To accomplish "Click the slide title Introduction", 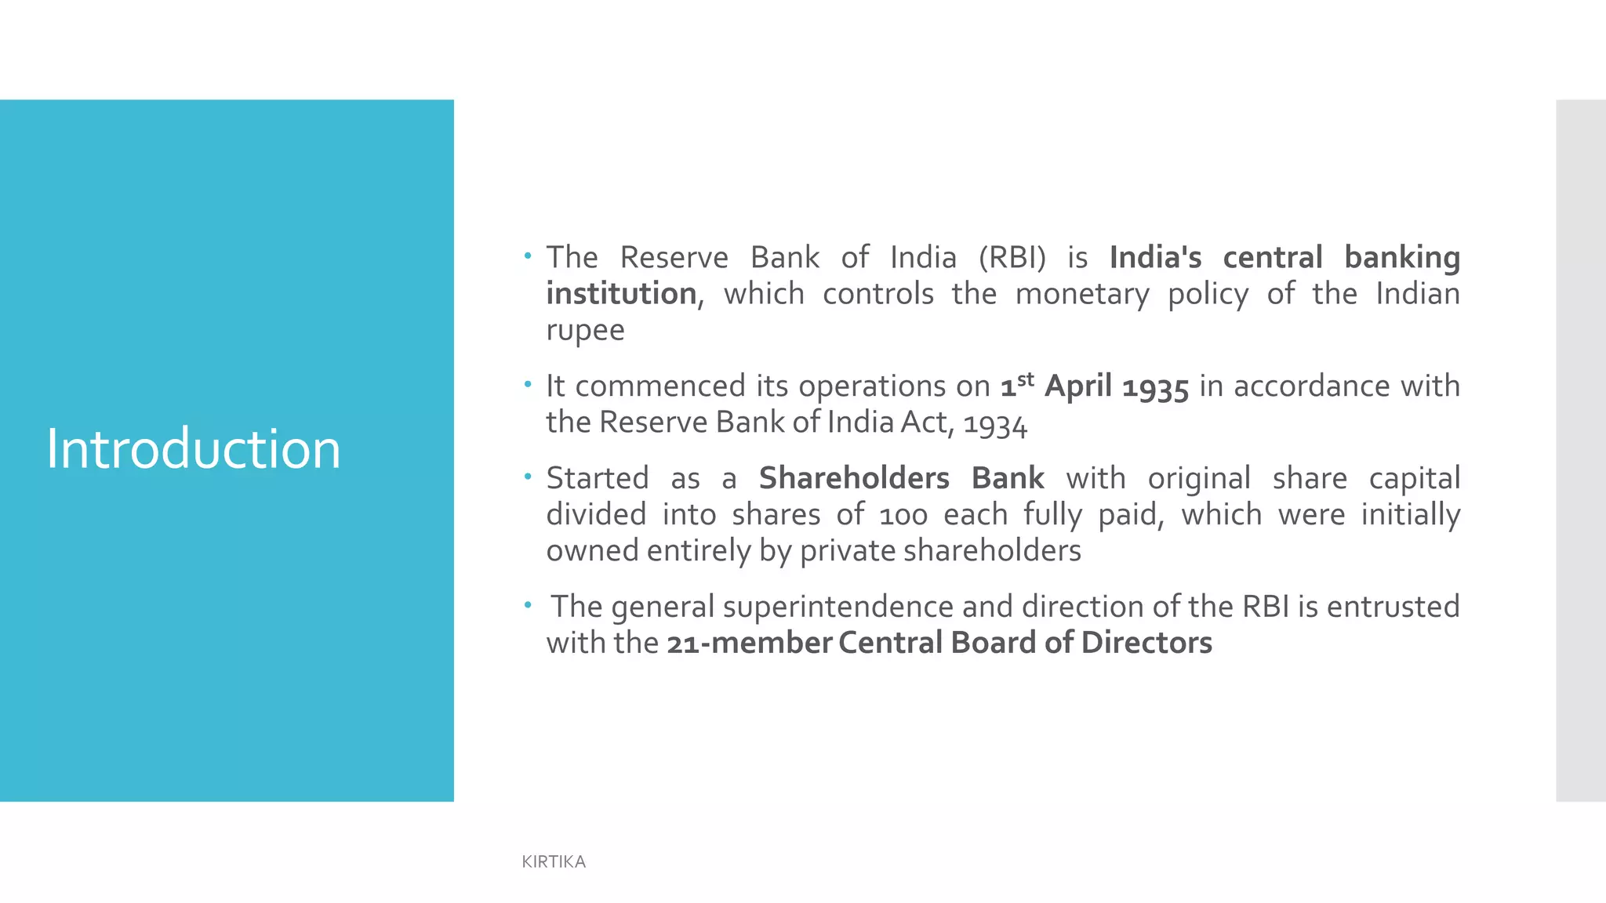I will pos(193,449).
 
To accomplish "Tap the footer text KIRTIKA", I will pos(554,861).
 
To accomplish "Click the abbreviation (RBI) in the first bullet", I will pos(1012,258).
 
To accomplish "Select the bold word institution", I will pos(621,294).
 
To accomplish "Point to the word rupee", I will pos(585,331).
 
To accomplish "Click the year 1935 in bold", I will pos(1155,387).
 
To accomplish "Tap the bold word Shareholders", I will pos(854,478).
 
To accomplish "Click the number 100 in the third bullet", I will pos(903,516).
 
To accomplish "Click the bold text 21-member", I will pos(749,644).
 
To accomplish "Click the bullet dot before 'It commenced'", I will pos(529,385).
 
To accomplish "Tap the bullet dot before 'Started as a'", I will pos(529,477).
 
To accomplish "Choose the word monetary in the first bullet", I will pos(1082,294).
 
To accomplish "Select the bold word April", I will pos(1077,386).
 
